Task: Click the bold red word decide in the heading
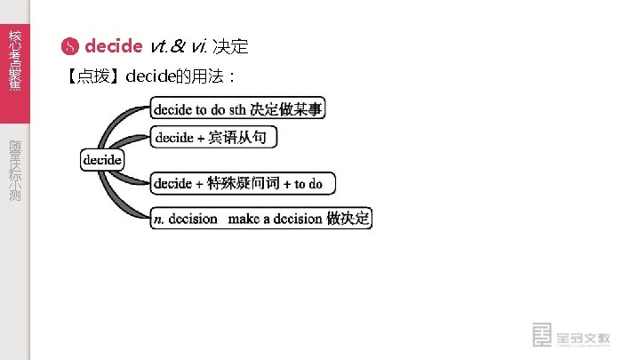coord(113,46)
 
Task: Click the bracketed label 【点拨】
coord(94,76)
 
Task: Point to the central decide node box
coord(102,159)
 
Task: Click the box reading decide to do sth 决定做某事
coord(238,109)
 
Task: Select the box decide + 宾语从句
coord(214,137)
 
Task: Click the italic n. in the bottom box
coord(159,219)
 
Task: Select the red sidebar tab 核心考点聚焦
coord(14,59)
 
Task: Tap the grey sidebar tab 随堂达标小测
coord(14,169)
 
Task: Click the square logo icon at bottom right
coord(540,335)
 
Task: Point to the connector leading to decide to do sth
coord(121,124)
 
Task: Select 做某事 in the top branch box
coord(302,109)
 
